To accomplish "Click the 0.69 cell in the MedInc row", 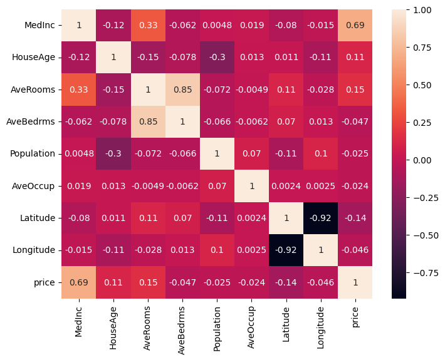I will click(x=356, y=26).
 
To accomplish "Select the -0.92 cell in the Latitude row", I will click(x=322, y=218).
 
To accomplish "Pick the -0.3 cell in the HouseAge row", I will click(x=216, y=58).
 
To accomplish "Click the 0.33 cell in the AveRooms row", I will click(x=78, y=90).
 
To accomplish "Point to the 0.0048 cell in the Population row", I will click(x=78, y=154).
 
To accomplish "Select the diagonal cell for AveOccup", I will click(x=251, y=186).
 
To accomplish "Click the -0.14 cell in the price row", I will click(x=286, y=282).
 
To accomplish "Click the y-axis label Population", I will click(x=33, y=154).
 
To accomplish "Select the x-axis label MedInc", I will click(x=78, y=320).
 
